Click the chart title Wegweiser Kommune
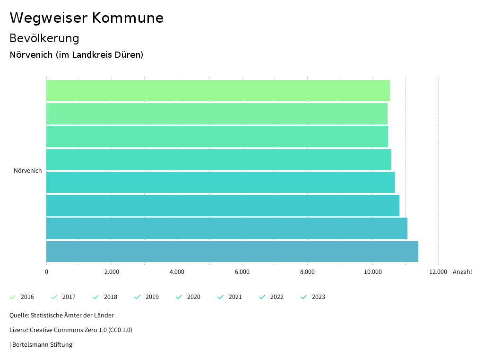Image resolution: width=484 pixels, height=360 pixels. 86,18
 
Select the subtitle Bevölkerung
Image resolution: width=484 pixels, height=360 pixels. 44,38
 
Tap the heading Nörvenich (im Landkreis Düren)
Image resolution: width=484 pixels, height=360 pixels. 77,55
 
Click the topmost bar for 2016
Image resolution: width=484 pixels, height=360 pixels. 218,90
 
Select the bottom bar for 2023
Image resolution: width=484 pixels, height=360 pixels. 232,251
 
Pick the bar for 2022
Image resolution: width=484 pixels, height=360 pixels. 227,228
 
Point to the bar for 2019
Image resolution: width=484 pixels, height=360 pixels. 219,159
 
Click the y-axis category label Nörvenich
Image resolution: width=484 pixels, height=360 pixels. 28,171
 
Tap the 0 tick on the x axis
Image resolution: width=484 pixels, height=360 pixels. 46,272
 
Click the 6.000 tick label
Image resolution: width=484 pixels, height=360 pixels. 242,272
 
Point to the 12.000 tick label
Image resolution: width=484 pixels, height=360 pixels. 438,272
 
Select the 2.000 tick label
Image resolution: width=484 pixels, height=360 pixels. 112,272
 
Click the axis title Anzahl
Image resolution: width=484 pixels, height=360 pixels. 462,272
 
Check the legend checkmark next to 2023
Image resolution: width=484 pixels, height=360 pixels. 304,297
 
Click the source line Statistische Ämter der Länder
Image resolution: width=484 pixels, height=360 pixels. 61,315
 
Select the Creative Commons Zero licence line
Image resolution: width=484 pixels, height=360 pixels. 71,330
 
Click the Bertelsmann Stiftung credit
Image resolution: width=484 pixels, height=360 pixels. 41,344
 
